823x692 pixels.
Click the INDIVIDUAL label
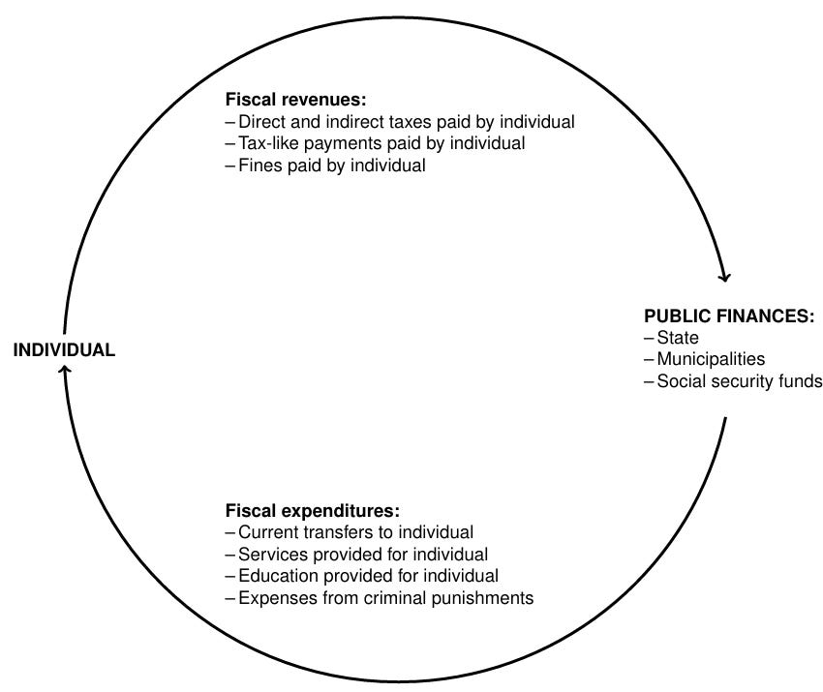tap(64, 350)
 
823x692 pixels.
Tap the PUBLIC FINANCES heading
tap(728, 316)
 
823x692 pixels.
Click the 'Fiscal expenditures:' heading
tap(312, 510)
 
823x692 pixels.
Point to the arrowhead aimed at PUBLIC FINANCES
tap(723, 275)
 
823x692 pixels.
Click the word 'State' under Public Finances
tap(678, 338)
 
